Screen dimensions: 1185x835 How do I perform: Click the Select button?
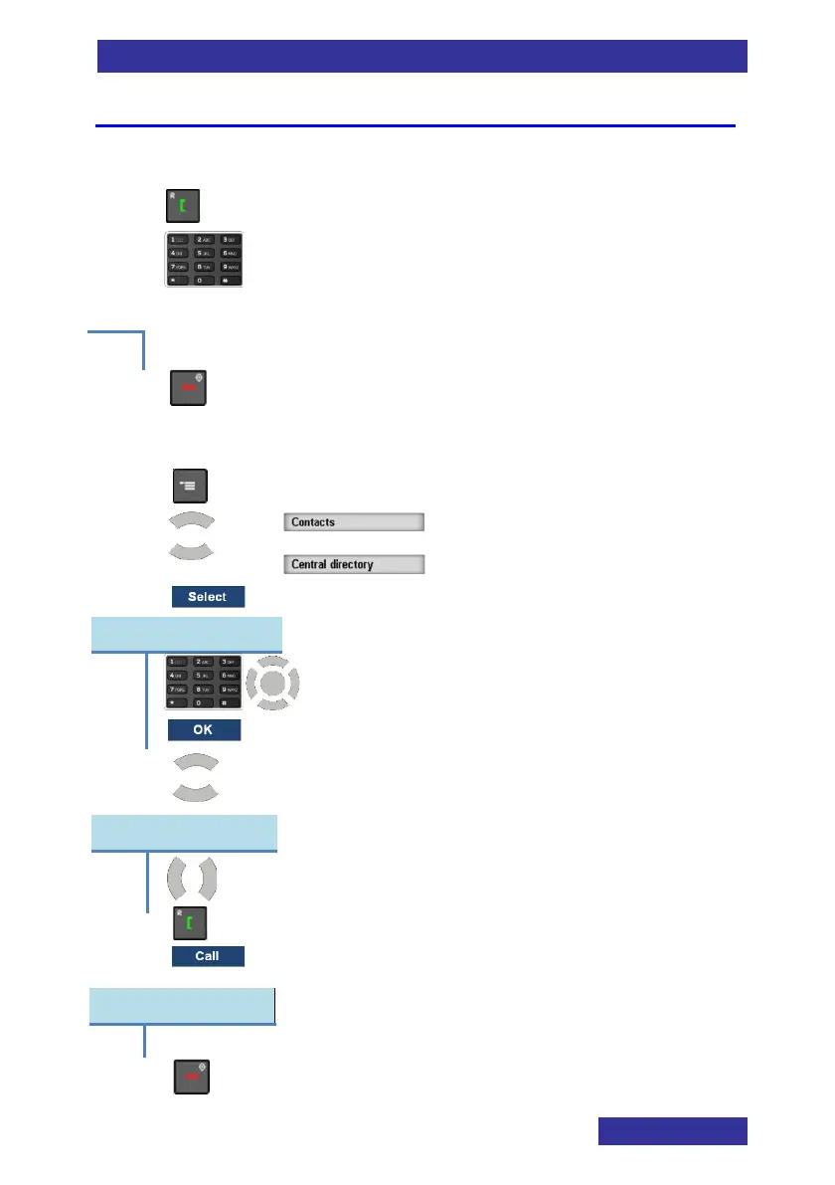click(x=207, y=597)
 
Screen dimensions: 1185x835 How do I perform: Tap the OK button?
click(x=204, y=730)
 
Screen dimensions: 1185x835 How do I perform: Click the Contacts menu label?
click(x=354, y=521)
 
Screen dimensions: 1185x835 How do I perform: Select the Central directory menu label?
click(x=354, y=564)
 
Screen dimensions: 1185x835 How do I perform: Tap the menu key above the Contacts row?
click(x=186, y=485)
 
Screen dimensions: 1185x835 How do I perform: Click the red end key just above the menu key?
click(x=186, y=387)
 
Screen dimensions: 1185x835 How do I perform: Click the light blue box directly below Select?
click(x=187, y=634)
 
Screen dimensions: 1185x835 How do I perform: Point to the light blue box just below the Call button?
click(x=183, y=1006)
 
